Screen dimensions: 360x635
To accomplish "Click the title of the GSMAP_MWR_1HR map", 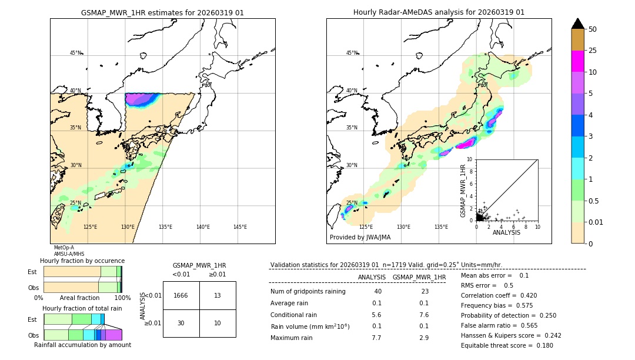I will (162, 12).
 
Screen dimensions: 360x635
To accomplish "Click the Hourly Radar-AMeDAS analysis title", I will (439, 12).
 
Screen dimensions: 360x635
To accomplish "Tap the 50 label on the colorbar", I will (593, 29).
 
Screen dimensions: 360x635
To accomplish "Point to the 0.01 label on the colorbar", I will (596, 222).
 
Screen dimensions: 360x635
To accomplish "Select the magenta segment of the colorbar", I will (577, 61).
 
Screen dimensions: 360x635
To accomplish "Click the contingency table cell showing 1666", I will (181, 295).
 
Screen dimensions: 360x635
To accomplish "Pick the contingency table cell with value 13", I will (218, 295).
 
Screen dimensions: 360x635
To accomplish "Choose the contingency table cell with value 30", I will (181, 323).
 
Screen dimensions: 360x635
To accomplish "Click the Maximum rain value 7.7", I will (376, 338).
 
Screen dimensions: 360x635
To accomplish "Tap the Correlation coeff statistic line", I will (499, 295).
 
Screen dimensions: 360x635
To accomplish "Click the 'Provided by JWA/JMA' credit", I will (360, 237).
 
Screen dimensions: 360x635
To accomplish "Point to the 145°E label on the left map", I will (240, 227).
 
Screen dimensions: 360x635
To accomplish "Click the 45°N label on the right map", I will (352, 53).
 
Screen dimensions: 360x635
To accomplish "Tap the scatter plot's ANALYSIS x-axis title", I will (506, 232).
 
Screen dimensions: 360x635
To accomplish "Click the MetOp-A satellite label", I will (64, 248).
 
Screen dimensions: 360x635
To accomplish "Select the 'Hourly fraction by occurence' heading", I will (82, 261).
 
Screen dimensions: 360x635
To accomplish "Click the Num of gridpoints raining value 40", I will (377, 291).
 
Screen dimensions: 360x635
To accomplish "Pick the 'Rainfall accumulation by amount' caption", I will (82, 345).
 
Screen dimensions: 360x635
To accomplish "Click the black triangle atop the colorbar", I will (577, 24).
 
